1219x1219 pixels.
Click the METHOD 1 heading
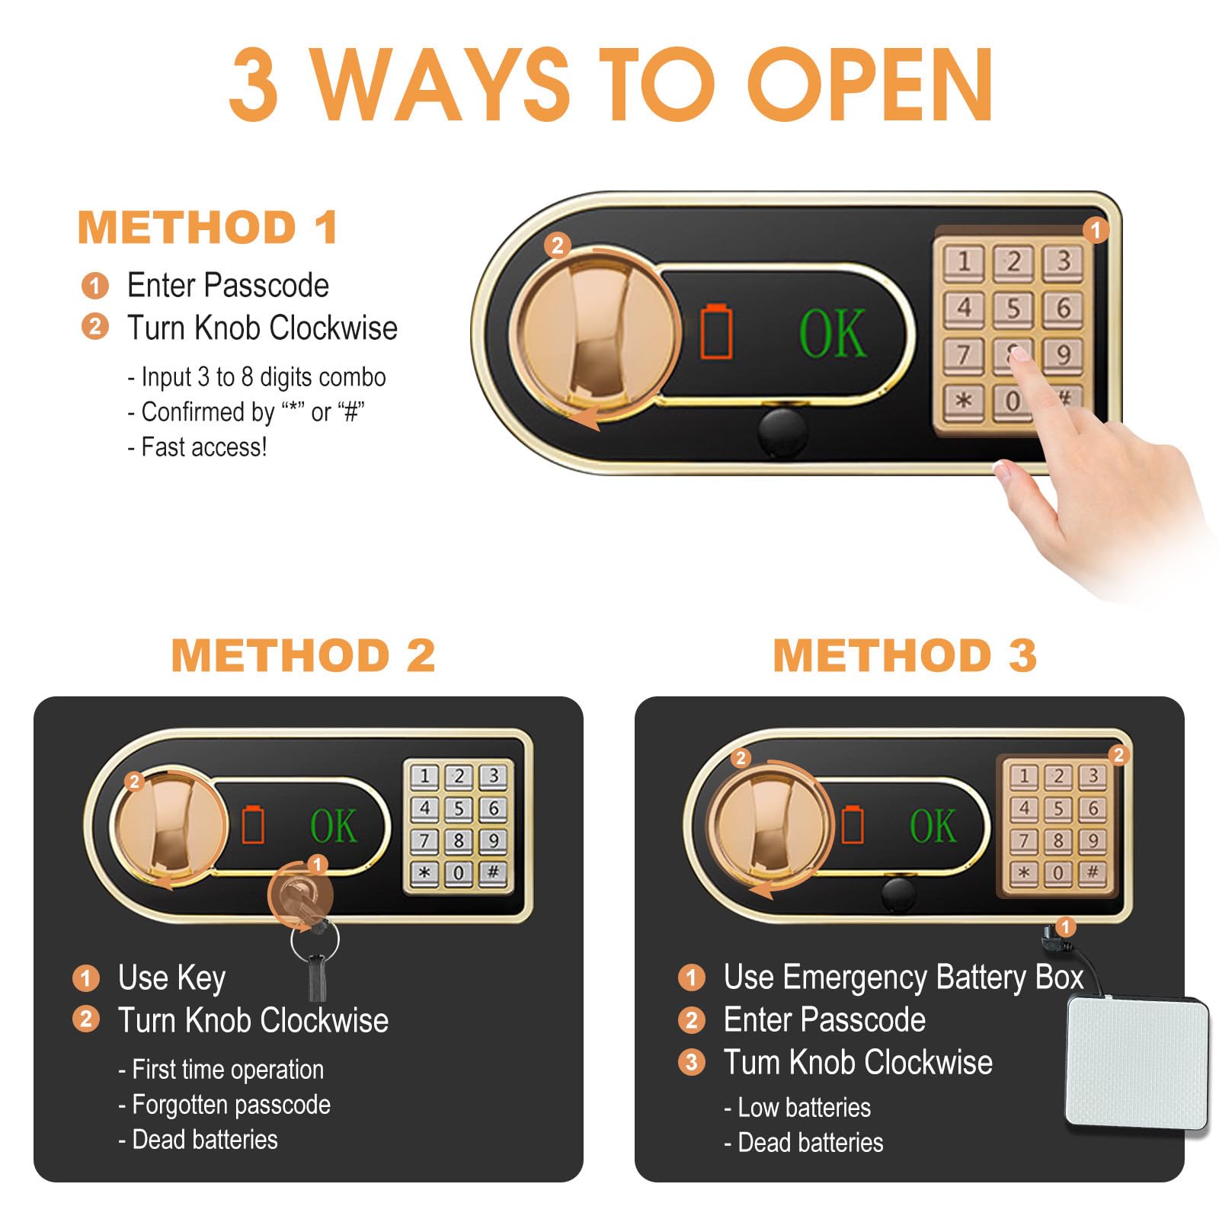tap(208, 228)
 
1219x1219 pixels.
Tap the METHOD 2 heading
tap(303, 655)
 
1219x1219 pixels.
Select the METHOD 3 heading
tap(905, 655)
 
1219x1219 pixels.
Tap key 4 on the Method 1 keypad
tap(964, 308)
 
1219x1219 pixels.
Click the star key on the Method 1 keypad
tap(964, 401)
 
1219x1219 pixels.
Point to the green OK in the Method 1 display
tap(833, 333)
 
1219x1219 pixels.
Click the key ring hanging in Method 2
tap(315, 939)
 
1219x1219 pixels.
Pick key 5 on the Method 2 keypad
tap(459, 808)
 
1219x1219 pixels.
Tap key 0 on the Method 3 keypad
tap(1058, 873)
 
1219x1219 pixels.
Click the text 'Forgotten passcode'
tap(232, 1105)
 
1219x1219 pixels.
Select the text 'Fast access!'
tap(204, 447)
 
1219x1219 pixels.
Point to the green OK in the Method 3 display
tap(933, 826)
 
